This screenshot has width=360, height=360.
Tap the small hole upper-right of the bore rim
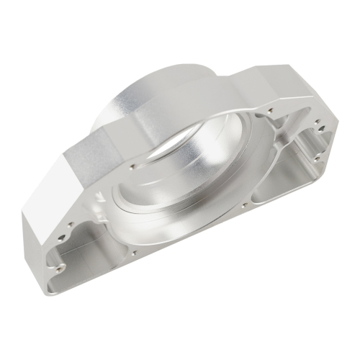pos(269,111)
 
